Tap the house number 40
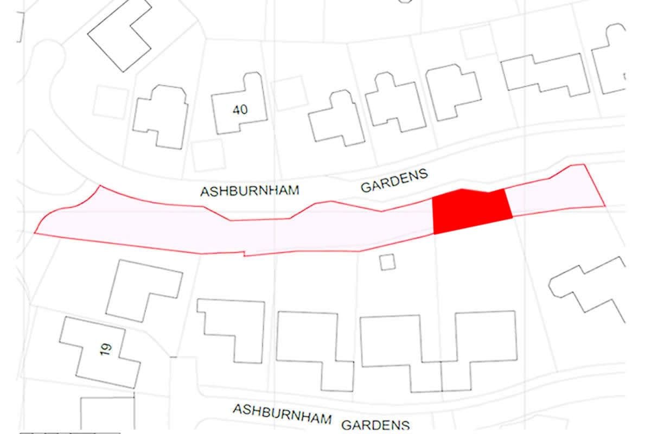coord(240,110)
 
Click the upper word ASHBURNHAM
coord(250,192)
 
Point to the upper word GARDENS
coord(395,180)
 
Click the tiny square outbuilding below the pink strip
coord(387,262)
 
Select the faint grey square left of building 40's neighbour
coord(110,102)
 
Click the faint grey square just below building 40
coord(208,155)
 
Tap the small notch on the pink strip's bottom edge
coord(245,254)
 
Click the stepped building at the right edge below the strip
coord(591,288)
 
